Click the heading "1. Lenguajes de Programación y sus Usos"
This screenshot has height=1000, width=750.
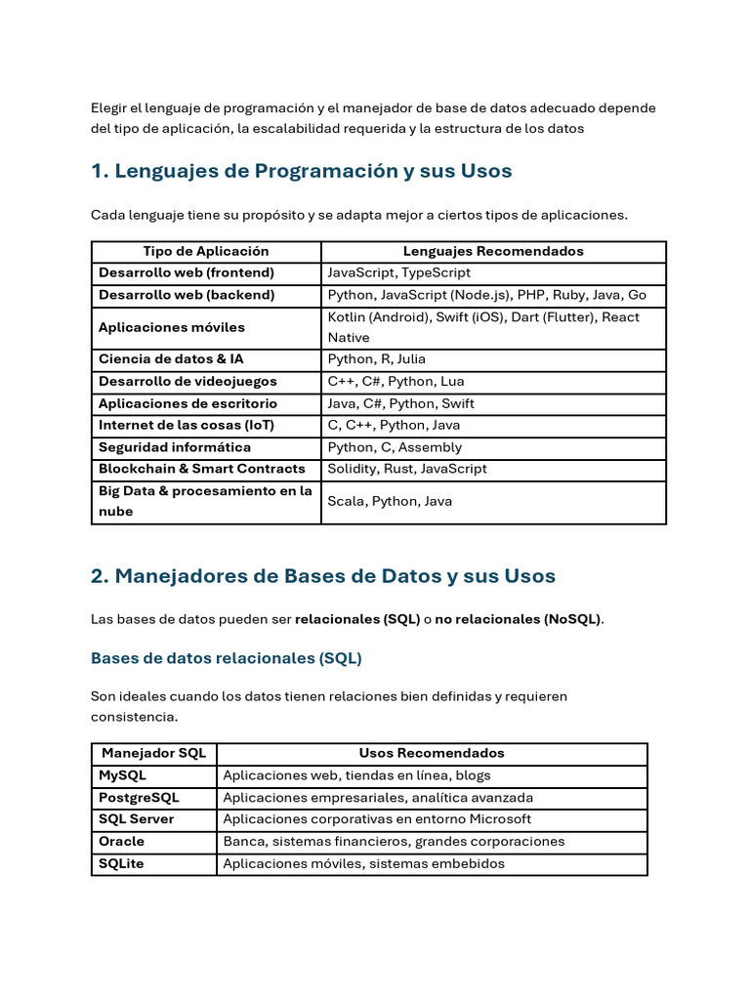pyautogui.click(x=301, y=171)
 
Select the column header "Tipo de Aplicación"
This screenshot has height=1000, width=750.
pyautogui.click(x=205, y=251)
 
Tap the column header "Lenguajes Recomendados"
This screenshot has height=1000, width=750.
pyautogui.click(x=493, y=251)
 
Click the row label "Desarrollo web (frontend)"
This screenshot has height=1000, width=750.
pyautogui.click(x=186, y=272)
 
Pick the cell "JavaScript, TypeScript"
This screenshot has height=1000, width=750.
pyautogui.click(x=398, y=272)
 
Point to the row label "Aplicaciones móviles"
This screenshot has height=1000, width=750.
pyautogui.click(x=171, y=327)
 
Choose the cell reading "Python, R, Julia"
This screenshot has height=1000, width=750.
pyautogui.click(x=376, y=359)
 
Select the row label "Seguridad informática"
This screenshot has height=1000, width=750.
pyautogui.click(x=174, y=447)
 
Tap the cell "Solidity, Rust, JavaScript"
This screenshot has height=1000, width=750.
pyautogui.click(x=406, y=469)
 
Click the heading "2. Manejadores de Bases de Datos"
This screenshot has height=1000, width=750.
pyautogui.click(x=322, y=576)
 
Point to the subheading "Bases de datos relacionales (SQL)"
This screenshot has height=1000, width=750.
pyautogui.click(x=226, y=658)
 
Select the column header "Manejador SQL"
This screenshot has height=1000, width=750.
pyautogui.click(x=153, y=753)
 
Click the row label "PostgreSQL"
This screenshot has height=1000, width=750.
pyautogui.click(x=139, y=797)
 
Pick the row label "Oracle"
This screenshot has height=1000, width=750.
pyautogui.click(x=121, y=841)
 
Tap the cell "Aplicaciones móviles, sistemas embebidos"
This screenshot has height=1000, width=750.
pyautogui.click(x=363, y=863)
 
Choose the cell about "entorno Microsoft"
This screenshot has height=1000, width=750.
pyautogui.click(x=377, y=819)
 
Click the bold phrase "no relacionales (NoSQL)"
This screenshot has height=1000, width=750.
pyautogui.click(x=519, y=619)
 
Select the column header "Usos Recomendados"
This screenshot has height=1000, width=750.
pyautogui.click(x=432, y=753)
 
